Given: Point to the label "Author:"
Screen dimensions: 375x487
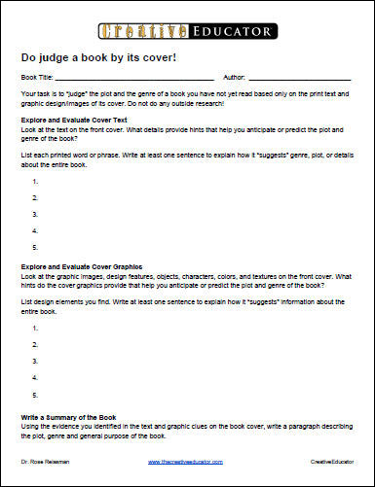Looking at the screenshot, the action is click(x=235, y=75).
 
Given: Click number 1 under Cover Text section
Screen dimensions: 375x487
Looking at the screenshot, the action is click(x=36, y=181).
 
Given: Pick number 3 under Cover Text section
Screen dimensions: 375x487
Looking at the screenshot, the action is click(x=36, y=214).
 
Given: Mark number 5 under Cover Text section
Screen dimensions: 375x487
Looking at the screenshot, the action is click(x=36, y=248).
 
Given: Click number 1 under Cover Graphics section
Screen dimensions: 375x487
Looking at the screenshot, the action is click(x=36, y=329).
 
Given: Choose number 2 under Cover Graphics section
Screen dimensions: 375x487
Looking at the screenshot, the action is click(x=36, y=344).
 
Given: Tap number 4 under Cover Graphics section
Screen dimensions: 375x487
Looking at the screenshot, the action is click(x=36, y=376).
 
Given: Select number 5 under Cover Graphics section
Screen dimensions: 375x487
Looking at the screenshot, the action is click(x=36, y=396).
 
